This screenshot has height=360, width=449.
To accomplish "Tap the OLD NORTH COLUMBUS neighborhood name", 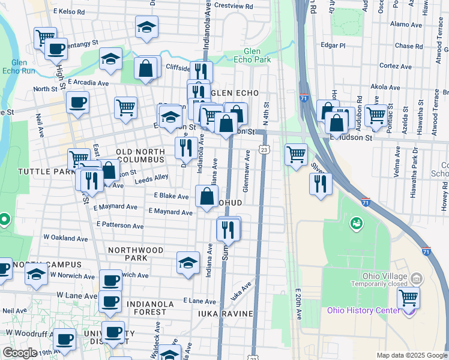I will tap(140, 156).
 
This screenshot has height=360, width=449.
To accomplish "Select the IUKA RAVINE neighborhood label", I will tap(227, 314).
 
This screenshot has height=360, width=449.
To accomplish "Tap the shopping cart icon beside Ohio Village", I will tap(408, 296).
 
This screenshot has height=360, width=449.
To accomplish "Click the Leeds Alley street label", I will tap(151, 178).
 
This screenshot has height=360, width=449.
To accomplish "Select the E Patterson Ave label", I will tap(119, 225).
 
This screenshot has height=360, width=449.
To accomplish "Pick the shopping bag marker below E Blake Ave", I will tap(206, 196).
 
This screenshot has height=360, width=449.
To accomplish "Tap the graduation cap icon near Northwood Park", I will tap(188, 263).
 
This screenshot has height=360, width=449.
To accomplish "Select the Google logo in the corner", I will tap(20, 353).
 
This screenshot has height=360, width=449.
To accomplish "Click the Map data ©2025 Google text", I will tap(412, 355).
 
